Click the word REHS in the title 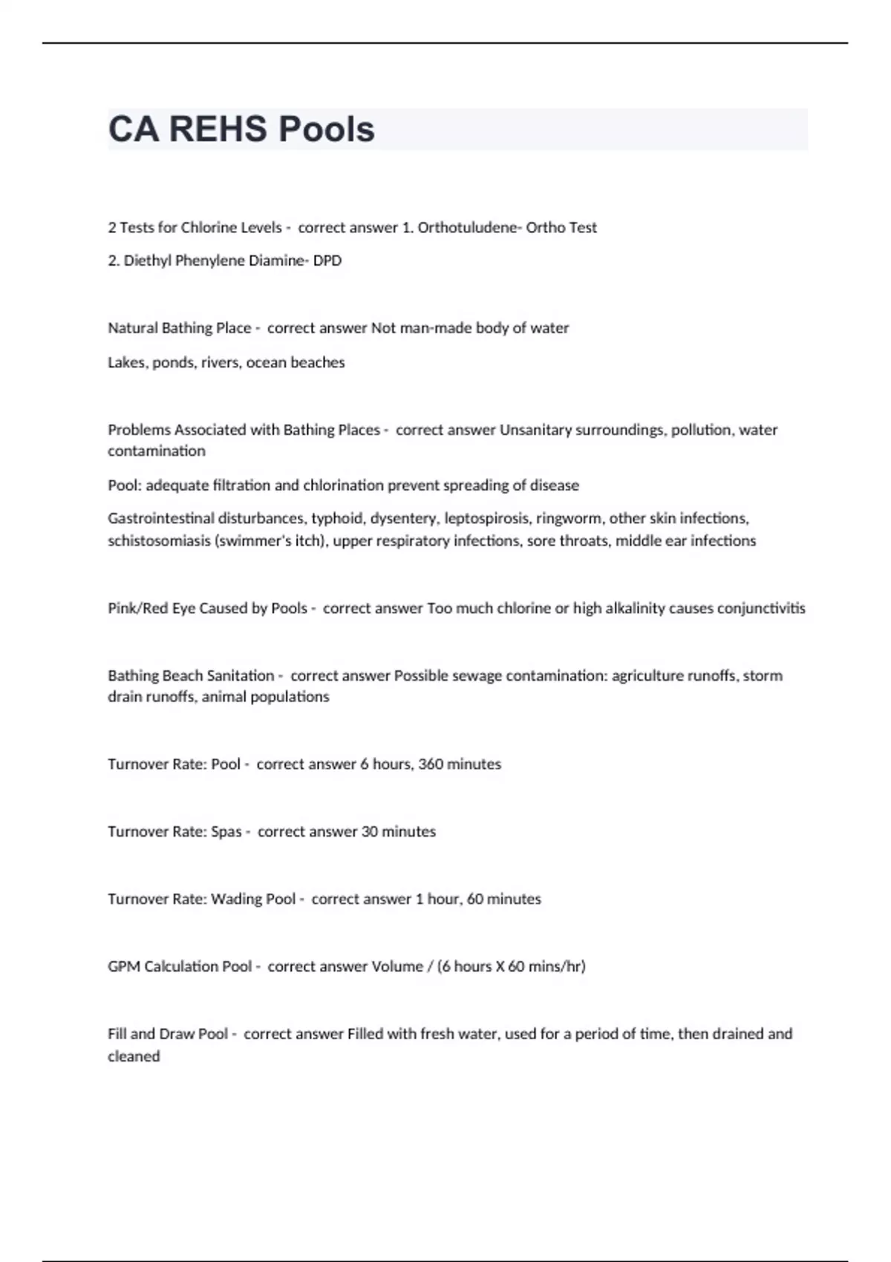coord(218,129)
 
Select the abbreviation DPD coord(327,261)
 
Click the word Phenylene coord(212,261)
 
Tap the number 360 coord(431,764)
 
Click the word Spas coord(226,831)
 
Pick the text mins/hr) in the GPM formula coord(557,967)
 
